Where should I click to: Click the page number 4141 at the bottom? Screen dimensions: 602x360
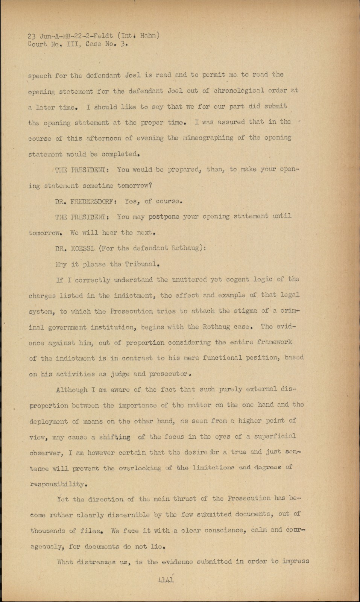166,580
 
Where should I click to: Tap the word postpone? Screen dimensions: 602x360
164,217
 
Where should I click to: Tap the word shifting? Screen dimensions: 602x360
115,437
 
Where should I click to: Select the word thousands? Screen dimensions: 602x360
48,531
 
